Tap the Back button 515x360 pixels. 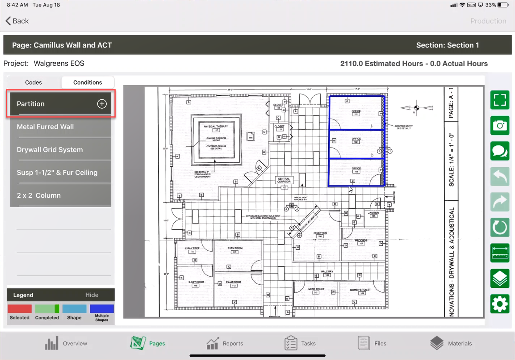pyautogui.click(x=17, y=21)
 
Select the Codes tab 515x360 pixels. pyautogui.click(x=33, y=82)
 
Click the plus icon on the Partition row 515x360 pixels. pyautogui.click(x=102, y=104)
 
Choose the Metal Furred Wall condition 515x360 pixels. pyautogui.click(x=45, y=127)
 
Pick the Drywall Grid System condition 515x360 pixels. pyautogui.click(x=50, y=150)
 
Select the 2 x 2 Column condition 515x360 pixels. pyautogui.click(x=39, y=195)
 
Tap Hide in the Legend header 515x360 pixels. pyautogui.click(x=92, y=295)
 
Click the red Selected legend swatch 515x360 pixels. pyautogui.click(x=20, y=309)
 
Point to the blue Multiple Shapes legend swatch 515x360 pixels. pyautogui.click(x=102, y=309)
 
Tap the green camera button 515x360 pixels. pyautogui.click(x=499, y=125)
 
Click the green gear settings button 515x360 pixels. pyautogui.click(x=499, y=304)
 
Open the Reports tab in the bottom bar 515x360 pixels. pyautogui.click(x=225, y=343)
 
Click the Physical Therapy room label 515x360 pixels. pyautogui.click(x=216, y=126)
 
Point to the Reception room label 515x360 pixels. pyautogui.click(x=320, y=233)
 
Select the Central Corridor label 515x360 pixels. pyautogui.click(x=284, y=180)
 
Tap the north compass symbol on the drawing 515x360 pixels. pyautogui.click(x=417, y=108)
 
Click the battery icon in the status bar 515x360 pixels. pyautogui.click(x=503, y=5)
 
